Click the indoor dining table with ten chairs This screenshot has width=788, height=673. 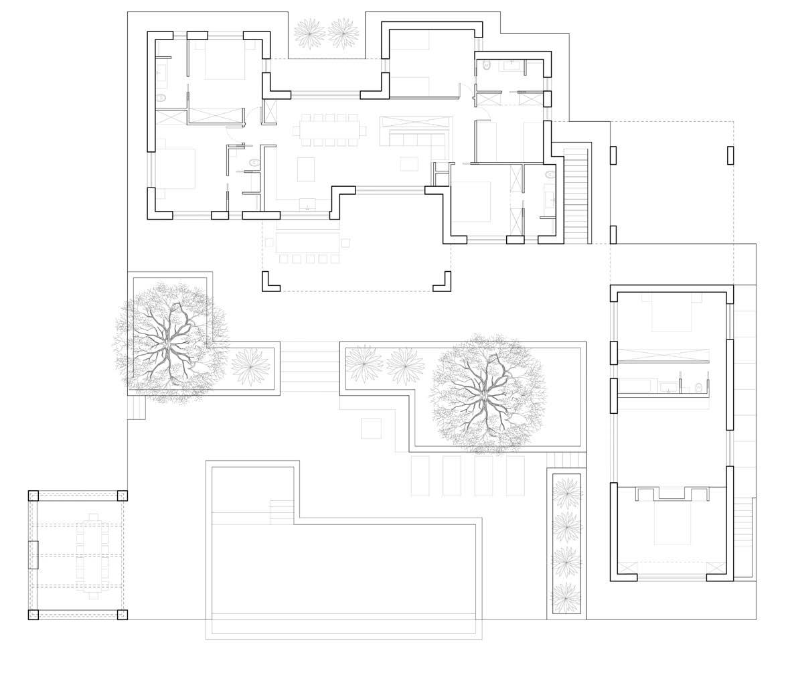[329, 129]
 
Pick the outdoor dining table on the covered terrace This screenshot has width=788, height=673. [307, 242]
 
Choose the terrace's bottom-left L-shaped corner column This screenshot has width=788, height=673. [270, 283]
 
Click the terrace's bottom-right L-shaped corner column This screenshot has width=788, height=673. [443, 283]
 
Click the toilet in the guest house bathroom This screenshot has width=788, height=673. [699, 387]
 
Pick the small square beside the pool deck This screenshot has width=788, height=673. [371, 429]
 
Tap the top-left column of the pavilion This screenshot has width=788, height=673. [33, 496]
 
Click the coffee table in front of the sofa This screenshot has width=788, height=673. [409, 163]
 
